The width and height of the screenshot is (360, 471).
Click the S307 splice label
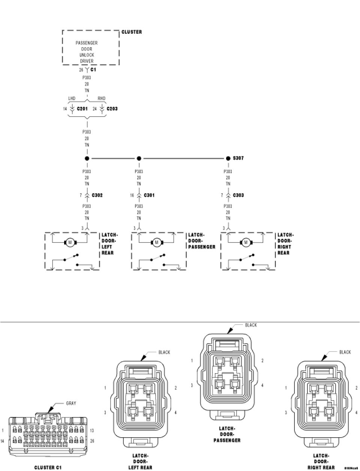[x=238, y=158]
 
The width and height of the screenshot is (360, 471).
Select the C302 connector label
[x=97, y=195]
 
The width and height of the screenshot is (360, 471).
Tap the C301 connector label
[x=149, y=195]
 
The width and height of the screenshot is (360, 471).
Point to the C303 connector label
[x=238, y=195]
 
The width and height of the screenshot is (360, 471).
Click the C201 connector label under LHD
[x=82, y=109]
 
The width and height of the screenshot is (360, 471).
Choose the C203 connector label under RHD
[x=112, y=109]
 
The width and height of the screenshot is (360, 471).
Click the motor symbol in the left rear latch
[x=70, y=243]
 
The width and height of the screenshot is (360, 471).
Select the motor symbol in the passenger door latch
[x=157, y=243]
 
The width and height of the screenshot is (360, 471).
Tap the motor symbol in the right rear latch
[x=246, y=243]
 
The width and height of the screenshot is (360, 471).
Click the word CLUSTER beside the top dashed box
[x=132, y=32]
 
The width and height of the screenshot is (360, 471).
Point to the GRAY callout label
[x=71, y=403]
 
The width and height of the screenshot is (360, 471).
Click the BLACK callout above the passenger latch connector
[x=251, y=325]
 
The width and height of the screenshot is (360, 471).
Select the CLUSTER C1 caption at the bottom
[x=48, y=468]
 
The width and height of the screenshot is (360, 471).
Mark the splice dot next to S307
[x=228, y=158]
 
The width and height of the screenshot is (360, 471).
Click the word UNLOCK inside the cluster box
[x=87, y=55]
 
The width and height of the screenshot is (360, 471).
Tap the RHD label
[x=102, y=99]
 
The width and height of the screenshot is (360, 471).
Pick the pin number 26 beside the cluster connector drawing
[x=92, y=441]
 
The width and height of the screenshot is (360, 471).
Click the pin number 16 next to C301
[x=132, y=195]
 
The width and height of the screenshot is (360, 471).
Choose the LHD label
[x=72, y=99]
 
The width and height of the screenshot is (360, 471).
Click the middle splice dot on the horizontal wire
[x=139, y=158]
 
